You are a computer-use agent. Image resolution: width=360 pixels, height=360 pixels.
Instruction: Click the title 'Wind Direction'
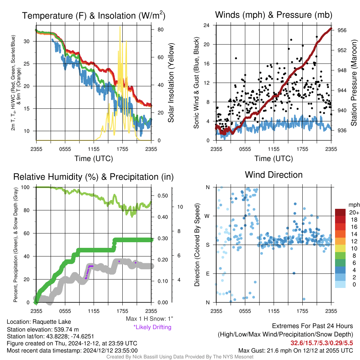click(x=274, y=175)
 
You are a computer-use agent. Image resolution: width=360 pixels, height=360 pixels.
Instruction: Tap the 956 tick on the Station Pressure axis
click(x=342, y=30)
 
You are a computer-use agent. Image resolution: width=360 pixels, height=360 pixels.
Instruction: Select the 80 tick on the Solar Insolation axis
click(x=160, y=30)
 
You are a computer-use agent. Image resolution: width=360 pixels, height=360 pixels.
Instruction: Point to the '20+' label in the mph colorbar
click(x=354, y=213)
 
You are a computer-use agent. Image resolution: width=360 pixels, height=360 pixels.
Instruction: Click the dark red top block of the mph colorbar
click(x=340, y=212)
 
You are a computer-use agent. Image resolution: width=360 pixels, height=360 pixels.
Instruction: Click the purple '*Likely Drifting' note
click(x=153, y=327)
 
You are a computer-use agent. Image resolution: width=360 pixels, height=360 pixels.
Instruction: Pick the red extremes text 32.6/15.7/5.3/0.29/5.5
click(x=322, y=343)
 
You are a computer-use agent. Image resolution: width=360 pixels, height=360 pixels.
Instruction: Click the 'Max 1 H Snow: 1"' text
click(x=149, y=319)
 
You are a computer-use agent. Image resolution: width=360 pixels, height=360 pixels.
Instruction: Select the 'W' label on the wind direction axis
click(x=207, y=216)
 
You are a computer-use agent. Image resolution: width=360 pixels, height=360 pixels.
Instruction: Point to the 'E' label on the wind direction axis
click(x=208, y=274)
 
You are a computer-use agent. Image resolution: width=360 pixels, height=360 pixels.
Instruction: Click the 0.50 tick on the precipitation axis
click(x=162, y=196)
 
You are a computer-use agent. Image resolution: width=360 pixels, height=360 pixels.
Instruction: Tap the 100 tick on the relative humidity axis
click(x=25, y=187)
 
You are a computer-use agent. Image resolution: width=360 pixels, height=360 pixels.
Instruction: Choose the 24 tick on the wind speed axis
click(x=206, y=25)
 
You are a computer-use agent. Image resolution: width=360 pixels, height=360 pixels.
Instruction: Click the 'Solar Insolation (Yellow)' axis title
click(x=171, y=83)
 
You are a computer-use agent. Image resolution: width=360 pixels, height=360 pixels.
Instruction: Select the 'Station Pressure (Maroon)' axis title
click(x=354, y=83)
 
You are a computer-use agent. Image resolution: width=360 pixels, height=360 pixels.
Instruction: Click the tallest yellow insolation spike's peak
click(x=120, y=27)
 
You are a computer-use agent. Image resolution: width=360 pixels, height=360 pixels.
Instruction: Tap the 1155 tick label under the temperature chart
click(x=94, y=149)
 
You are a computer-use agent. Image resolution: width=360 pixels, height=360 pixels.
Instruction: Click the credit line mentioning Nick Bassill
click(x=180, y=357)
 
